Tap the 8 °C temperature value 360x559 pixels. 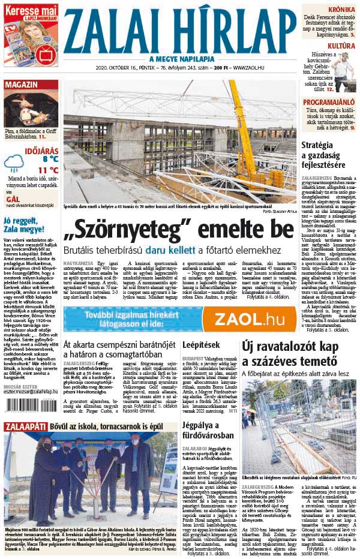point(49,158)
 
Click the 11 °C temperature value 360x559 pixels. point(49,170)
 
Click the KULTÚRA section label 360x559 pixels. point(341,46)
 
